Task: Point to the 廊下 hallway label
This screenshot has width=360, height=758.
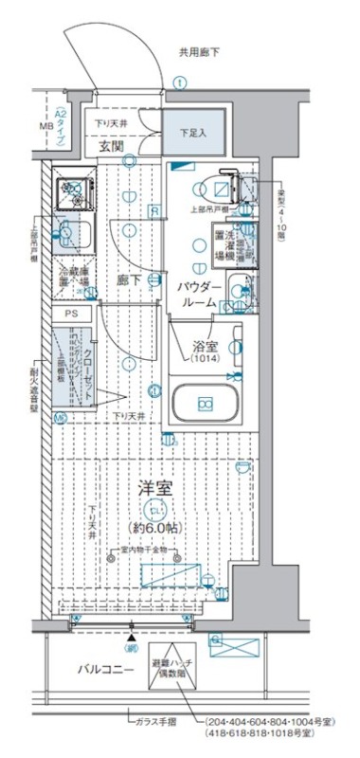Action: (x=129, y=280)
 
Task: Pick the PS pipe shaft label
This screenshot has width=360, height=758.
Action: (x=72, y=314)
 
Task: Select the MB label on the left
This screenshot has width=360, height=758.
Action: (x=45, y=125)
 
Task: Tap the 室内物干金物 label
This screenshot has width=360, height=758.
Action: (x=144, y=550)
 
